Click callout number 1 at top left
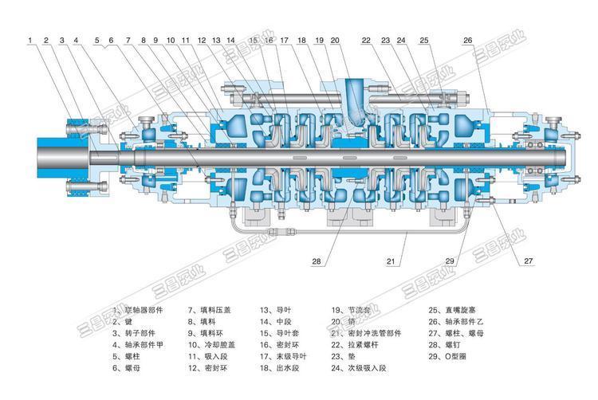pos(30,39)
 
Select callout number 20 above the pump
pos(335,39)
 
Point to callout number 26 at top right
pos(467,39)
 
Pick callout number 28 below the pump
pos(316,261)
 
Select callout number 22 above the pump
pos(366,39)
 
